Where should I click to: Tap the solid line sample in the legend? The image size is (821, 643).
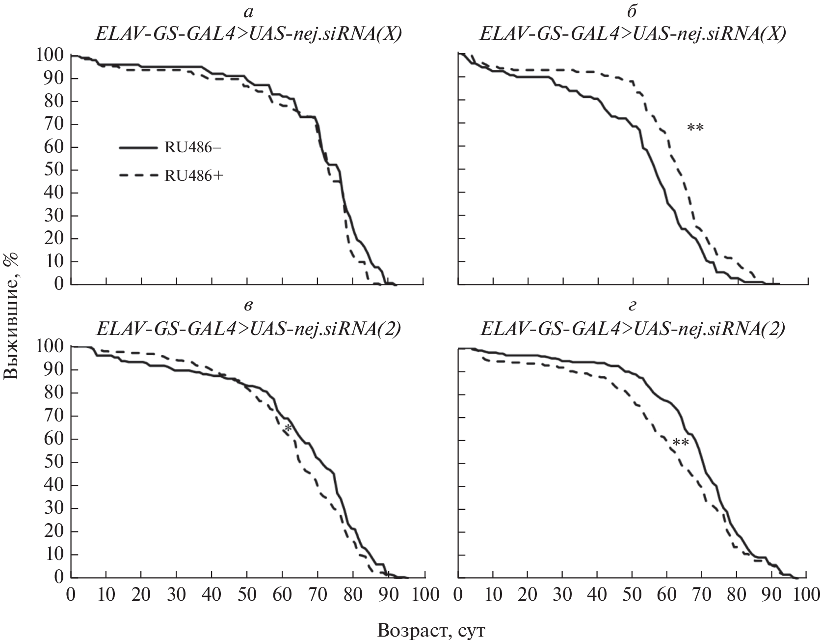pyautogui.click(x=138, y=147)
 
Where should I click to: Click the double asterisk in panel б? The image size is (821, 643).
pyautogui.click(x=695, y=129)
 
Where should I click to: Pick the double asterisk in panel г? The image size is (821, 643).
pyautogui.click(x=681, y=444)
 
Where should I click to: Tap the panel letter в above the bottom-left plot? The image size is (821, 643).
pyautogui.click(x=249, y=305)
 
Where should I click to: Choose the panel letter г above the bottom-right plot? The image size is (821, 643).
pyautogui.click(x=633, y=305)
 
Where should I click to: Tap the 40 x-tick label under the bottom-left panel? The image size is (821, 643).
pyautogui.click(x=212, y=594)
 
